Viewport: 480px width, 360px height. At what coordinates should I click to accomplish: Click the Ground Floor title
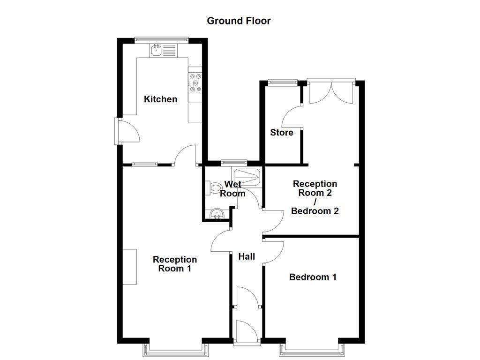click(239, 21)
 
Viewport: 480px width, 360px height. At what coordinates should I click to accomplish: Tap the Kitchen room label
click(160, 99)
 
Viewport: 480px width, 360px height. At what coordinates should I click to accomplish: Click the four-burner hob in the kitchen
click(195, 82)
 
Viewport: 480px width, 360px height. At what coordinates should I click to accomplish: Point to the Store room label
click(282, 133)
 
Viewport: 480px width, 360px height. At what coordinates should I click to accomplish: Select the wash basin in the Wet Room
click(217, 214)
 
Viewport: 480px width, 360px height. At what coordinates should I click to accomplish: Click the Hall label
click(247, 256)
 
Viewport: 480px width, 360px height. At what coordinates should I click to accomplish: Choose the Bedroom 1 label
click(313, 277)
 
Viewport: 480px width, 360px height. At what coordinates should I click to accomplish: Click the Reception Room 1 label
click(175, 264)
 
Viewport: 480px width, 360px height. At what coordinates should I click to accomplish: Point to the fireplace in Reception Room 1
click(129, 266)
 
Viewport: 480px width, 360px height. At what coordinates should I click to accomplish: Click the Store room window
click(282, 82)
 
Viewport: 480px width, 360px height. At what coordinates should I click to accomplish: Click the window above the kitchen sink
click(161, 40)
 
